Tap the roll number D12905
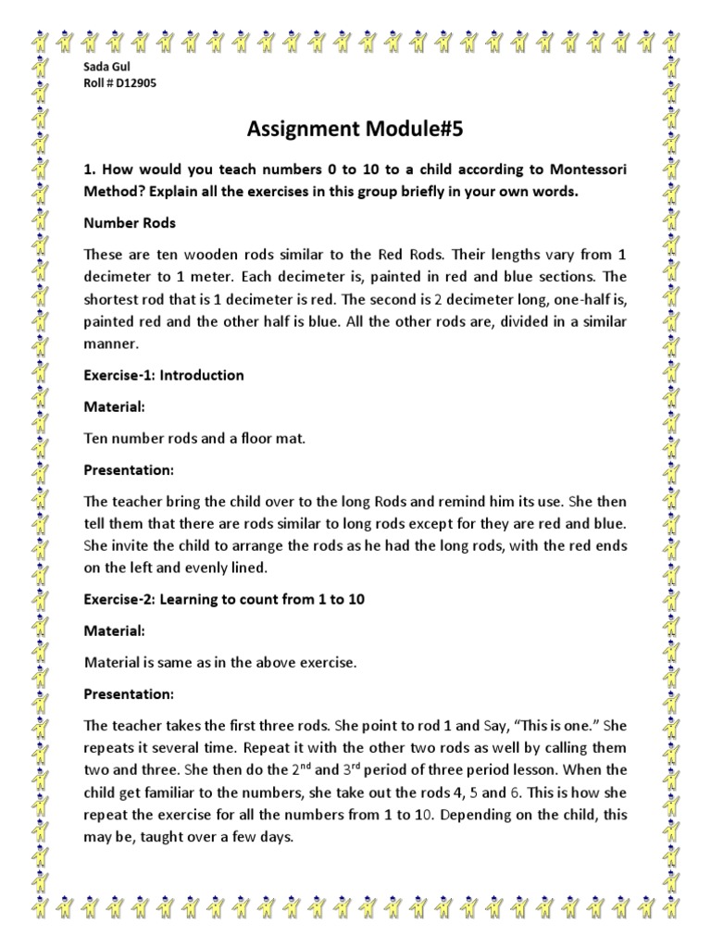tap(125, 81)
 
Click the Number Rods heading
tap(130, 223)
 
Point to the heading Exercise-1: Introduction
tap(164, 375)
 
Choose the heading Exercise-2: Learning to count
tap(224, 599)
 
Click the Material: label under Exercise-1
tap(115, 406)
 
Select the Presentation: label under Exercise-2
tap(129, 693)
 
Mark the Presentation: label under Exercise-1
tap(129, 470)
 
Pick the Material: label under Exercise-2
tap(115, 630)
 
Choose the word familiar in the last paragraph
tap(178, 791)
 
